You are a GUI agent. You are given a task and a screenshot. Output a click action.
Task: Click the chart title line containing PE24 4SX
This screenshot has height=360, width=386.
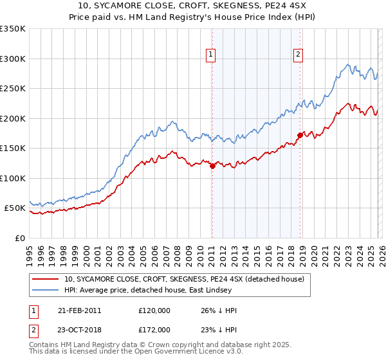(192, 6)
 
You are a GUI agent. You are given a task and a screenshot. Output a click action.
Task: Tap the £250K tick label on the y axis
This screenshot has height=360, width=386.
(13, 89)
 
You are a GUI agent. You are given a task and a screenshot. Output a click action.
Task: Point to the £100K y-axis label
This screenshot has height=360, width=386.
(13, 178)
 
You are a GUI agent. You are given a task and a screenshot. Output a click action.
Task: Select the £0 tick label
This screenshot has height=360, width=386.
(20, 238)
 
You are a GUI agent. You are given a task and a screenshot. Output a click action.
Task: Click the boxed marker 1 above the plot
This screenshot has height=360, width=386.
(212, 55)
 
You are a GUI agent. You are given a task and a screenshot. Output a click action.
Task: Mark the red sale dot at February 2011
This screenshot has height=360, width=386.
(212, 166)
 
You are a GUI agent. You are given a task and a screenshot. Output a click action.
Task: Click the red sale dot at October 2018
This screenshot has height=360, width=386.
(300, 135)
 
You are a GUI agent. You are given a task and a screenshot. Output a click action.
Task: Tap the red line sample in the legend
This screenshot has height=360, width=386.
(46, 279)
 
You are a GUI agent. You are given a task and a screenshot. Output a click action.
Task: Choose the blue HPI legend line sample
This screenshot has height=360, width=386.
(46, 290)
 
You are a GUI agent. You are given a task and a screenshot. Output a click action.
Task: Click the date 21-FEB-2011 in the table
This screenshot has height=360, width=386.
(80, 310)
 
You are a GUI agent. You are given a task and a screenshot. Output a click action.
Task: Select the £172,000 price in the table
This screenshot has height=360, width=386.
(154, 329)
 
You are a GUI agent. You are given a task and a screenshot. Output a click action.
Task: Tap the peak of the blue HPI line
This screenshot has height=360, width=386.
(347, 64)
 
